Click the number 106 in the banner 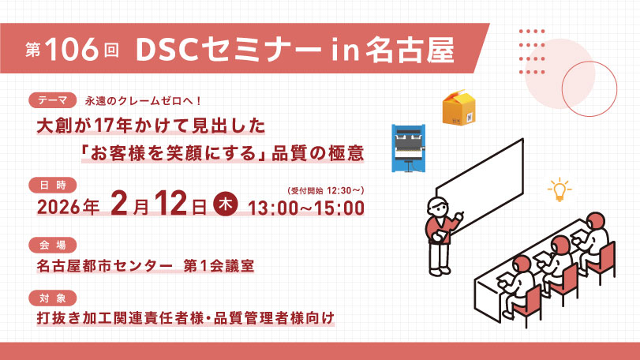click(x=73, y=49)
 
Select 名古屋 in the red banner click(x=410, y=50)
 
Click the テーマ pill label click(x=53, y=100)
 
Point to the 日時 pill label click(x=53, y=185)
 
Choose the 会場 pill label click(x=53, y=245)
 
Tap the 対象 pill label click(x=53, y=298)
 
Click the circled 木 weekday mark click(x=226, y=204)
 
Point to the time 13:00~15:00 click(x=306, y=208)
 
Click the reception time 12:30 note click(x=326, y=190)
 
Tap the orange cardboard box click(x=459, y=107)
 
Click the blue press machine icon click(x=409, y=148)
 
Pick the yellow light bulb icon click(x=560, y=189)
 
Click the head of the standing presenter click(x=437, y=207)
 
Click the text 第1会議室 click(x=219, y=266)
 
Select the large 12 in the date click(x=170, y=203)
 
